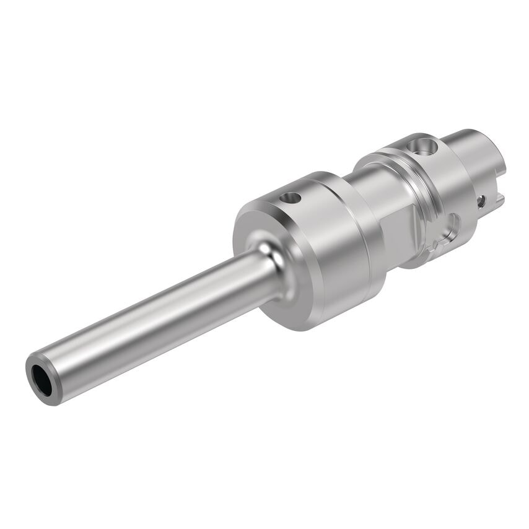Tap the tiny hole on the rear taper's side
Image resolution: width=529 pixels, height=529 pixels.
pyautogui.click(x=480, y=200)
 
